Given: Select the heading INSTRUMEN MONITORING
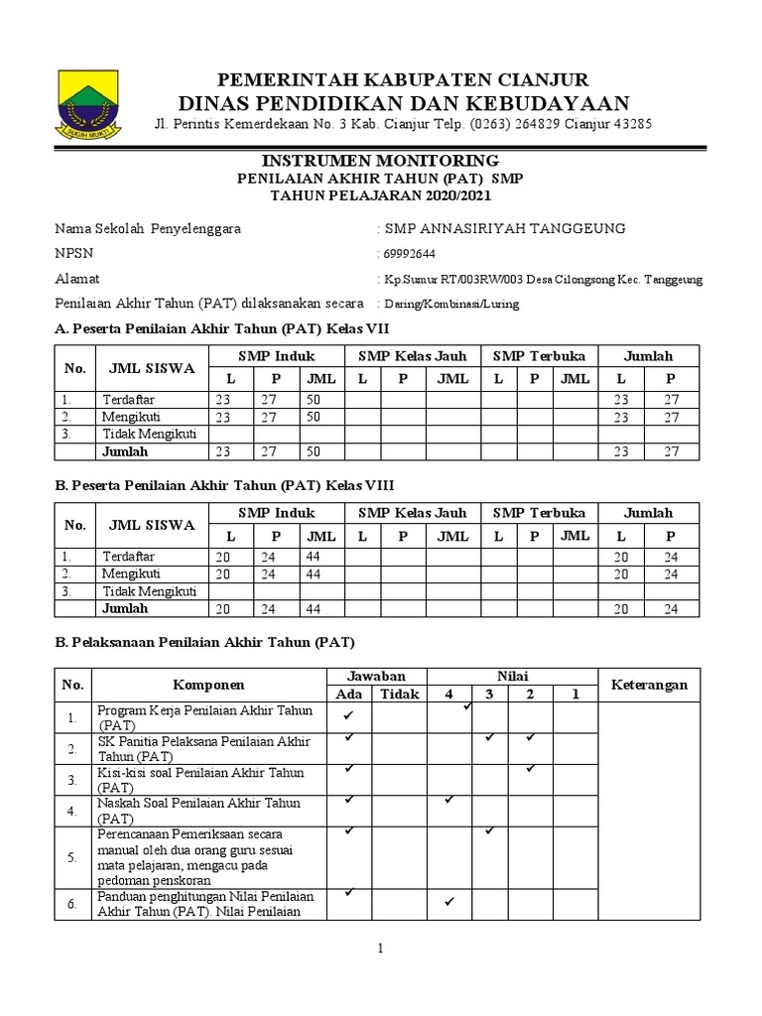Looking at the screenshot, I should (381, 161).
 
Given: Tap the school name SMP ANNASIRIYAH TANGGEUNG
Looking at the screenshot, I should (505, 228).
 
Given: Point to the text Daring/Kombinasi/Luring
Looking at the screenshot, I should (451, 304).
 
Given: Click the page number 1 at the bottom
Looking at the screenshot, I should (380, 950).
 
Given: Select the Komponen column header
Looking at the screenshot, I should (208, 686).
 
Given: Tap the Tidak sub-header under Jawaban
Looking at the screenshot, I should (400, 694).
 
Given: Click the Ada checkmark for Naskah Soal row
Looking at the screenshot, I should (349, 799).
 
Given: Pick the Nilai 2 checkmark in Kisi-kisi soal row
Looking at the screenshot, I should (531, 768).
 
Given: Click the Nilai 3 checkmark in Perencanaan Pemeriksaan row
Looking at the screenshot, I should (489, 830).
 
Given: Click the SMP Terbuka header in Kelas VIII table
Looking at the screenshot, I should (539, 513).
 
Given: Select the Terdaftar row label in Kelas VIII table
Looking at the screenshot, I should (127, 557).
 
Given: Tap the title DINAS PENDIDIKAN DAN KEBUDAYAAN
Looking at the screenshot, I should (403, 103).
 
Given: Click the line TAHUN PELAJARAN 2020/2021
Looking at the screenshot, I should (381, 195).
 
